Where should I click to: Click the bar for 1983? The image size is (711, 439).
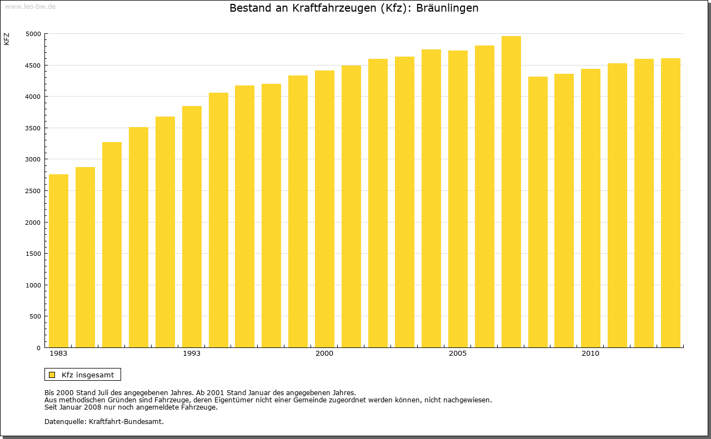[x=58, y=261]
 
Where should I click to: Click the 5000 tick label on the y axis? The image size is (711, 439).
[x=33, y=34]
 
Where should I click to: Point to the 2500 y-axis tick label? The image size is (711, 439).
[x=33, y=191]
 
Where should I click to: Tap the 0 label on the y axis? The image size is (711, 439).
[x=38, y=348]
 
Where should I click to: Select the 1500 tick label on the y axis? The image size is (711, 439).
[x=33, y=254]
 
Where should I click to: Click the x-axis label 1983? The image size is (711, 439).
[x=58, y=354]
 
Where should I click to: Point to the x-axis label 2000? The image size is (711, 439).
[x=324, y=354]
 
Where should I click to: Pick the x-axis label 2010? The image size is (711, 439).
[x=590, y=354]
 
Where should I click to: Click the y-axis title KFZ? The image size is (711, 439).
[x=7, y=39]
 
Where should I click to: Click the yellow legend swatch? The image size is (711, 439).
[x=52, y=375]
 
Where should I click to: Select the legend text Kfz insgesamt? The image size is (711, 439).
[x=88, y=375]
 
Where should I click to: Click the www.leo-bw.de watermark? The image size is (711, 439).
[x=29, y=6]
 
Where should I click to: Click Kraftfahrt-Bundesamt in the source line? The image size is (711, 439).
[x=126, y=421]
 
